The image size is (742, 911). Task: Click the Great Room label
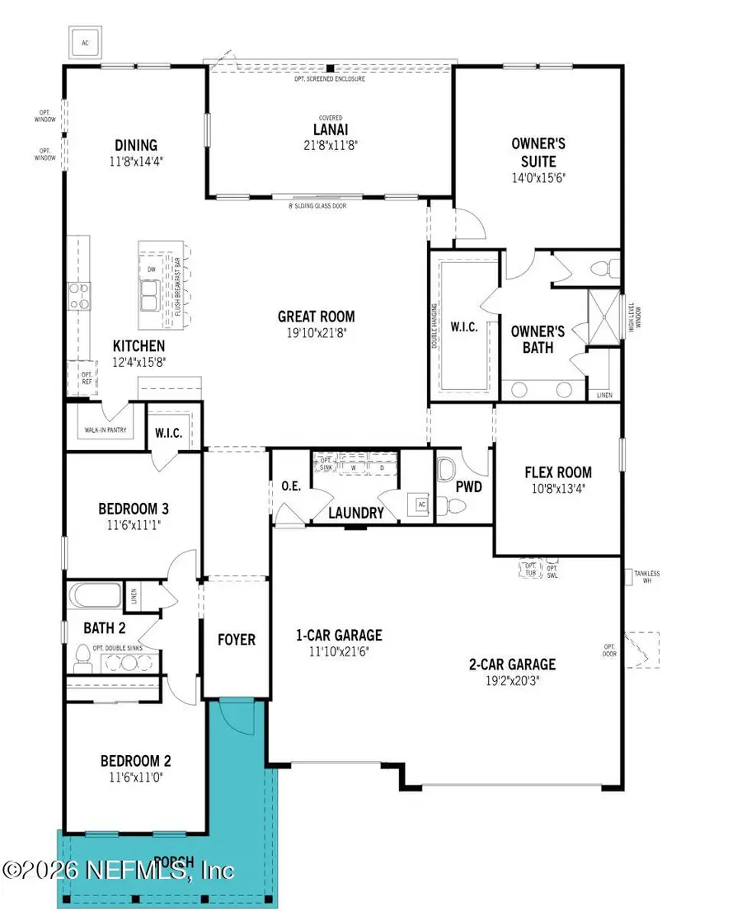[316, 316]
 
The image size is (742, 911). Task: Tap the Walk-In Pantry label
[105, 430]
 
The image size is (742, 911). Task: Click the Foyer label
[236, 639]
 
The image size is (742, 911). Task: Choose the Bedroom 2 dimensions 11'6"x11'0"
[135, 776]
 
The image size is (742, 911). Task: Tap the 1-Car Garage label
[339, 635]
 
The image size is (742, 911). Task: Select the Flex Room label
[558, 472]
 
